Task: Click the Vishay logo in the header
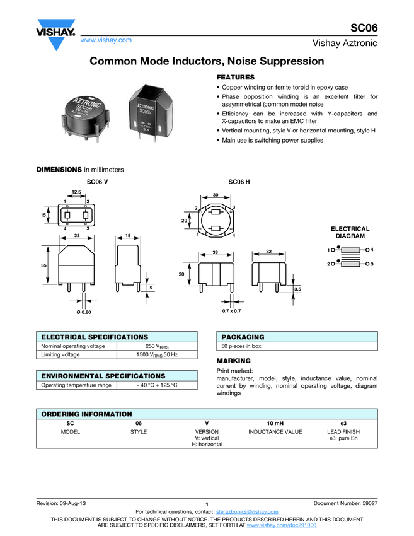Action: (x=55, y=35)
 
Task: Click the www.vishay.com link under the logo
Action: (x=106, y=40)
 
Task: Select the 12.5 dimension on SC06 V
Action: (x=76, y=191)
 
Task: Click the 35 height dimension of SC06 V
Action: (x=43, y=265)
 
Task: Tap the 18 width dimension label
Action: (x=128, y=235)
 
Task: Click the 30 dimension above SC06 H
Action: (x=216, y=195)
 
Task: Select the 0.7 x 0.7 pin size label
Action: (x=232, y=311)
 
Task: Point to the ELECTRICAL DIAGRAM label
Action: (x=350, y=232)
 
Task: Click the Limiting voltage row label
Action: (x=60, y=355)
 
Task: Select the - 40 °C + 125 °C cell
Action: (x=158, y=385)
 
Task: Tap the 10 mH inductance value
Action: (x=275, y=423)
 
